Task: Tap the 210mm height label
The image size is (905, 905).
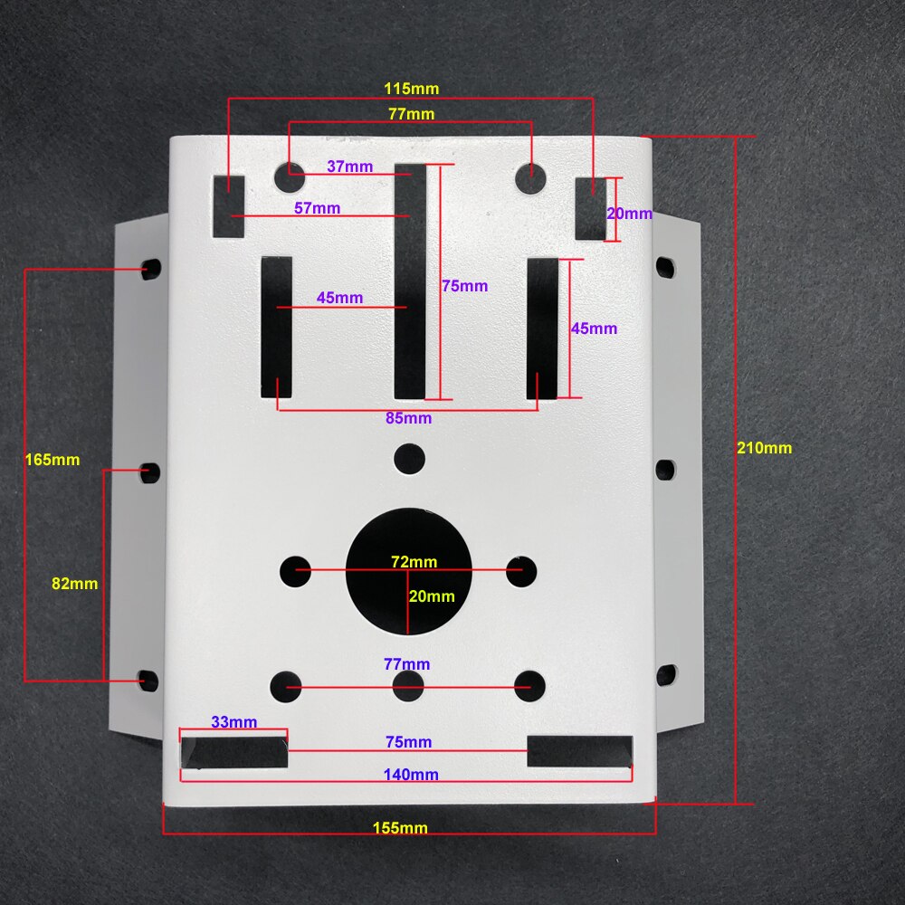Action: click(764, 447)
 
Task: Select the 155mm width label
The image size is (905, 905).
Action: click(400, 828)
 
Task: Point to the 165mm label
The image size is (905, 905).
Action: click(52, 460)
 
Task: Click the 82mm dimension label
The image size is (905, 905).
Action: click(74, 584)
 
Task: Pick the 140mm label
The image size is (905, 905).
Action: click(411, 774)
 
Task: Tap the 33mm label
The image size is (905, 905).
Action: click(233, 722)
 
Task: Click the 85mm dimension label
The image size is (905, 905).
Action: click(408, 418)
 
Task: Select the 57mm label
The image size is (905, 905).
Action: click(317, 208)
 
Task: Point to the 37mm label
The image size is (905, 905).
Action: click(349, 167)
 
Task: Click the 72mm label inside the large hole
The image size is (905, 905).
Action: click(414, 562)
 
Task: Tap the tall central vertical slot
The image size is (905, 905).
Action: click(409, 281)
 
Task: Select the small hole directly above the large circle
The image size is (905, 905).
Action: click(409, 458)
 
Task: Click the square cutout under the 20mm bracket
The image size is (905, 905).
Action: click(591, 209)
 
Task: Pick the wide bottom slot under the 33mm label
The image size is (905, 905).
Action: click(234, 752)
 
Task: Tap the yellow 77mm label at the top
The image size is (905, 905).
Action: click(411, 114)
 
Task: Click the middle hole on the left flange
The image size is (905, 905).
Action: click(150, 472)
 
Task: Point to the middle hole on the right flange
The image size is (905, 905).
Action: click(665, 469)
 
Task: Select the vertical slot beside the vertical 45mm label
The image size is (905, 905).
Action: click(543, 328)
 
